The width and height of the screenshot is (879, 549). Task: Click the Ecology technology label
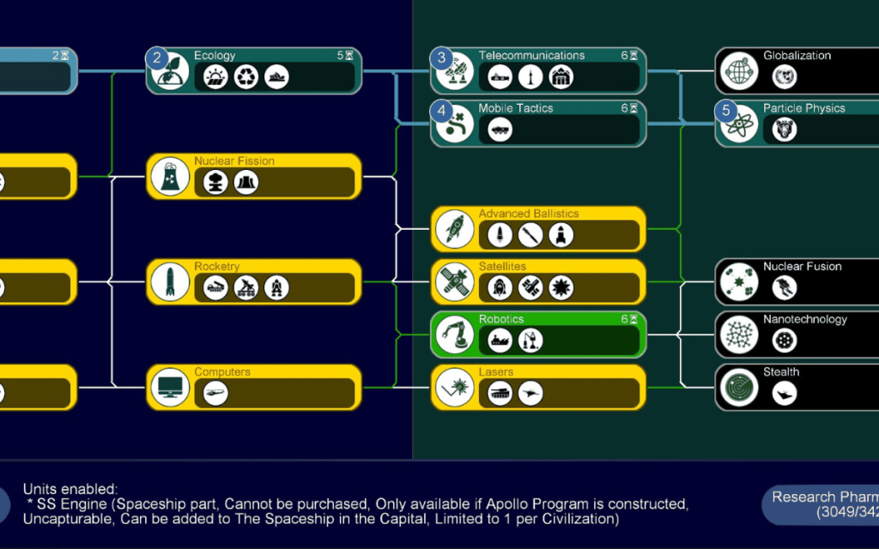[215, 56]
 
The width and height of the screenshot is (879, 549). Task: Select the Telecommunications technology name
[531, 56]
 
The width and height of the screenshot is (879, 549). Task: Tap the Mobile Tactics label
[516, 108]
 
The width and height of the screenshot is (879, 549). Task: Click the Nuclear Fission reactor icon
[170, 177]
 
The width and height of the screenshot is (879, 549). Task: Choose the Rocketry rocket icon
[170, 282]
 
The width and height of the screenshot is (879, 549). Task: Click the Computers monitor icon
[170, 388]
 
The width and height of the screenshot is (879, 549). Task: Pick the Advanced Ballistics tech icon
[455, 229]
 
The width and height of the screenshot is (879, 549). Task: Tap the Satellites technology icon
[455, 282]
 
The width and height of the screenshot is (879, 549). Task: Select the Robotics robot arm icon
[455, 335]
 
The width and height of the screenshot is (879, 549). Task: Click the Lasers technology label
[496, 372]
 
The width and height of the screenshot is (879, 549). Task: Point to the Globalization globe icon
[739, 71]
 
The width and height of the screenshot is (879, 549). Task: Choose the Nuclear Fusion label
[803, 267]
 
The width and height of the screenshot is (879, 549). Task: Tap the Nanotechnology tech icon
[739, 335]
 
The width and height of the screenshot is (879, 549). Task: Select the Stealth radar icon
[739, 388]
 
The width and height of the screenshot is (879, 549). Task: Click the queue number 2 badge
[156, 59]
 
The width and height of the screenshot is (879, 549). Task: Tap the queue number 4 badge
[441, 112]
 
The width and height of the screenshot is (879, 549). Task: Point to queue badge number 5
[726, 112]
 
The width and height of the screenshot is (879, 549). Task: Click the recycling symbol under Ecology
[246, 77]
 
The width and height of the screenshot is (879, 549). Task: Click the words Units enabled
[70, 489]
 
